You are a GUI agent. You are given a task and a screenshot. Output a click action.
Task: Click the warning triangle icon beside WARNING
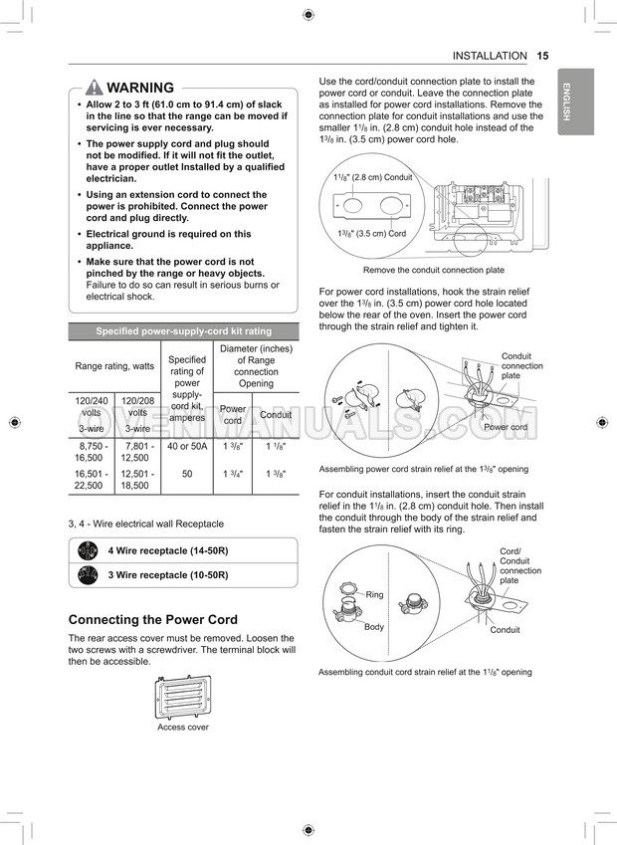tap(95, 88)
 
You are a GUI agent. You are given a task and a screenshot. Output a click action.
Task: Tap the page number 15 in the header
tap(542, 56)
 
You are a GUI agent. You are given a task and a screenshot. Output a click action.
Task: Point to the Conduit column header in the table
tap(276, 415)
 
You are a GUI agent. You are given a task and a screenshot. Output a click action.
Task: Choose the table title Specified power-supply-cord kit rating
tap(183, 331)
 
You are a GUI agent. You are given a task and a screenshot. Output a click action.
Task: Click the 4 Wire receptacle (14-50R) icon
tap(88, 549)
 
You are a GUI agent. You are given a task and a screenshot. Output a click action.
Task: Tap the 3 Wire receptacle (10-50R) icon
tap(88, 575)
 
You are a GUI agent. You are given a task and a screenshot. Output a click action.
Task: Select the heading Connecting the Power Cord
tap(152, 619)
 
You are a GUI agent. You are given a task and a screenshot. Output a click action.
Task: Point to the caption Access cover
tap(183, 728)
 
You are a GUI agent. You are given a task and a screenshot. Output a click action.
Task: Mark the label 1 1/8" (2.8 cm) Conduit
tap(374, 177)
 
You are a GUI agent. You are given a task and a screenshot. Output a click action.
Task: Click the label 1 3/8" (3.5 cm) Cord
tap(371, 234)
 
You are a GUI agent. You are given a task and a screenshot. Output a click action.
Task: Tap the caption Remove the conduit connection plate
tap(433, 270)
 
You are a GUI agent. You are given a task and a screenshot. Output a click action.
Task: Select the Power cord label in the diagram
tap(505, 427)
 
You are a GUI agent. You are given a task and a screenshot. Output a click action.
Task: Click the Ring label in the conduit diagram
tap(374, 594)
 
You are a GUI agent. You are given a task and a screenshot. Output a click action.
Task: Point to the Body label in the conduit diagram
tap(374, 627)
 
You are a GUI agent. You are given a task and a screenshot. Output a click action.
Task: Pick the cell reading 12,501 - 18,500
tap(137, 480)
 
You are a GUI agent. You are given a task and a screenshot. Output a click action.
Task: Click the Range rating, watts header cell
tap(114, 366)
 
